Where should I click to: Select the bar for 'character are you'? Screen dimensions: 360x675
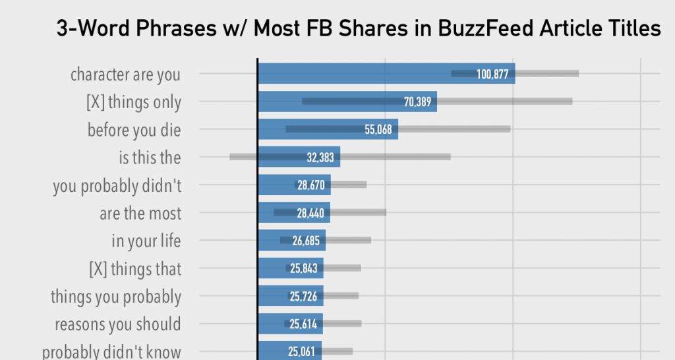pos(356,74)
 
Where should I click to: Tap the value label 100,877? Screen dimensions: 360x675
pos(492,75)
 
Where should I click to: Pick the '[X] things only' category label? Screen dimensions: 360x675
pos(134,102)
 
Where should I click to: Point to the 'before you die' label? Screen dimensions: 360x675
pos(134,130)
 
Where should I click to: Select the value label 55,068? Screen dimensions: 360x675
pos(378,129)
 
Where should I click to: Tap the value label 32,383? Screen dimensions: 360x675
pos(321,158)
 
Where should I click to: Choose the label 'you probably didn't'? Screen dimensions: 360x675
pos(117,186)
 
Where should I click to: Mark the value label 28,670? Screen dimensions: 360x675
pos(311,185)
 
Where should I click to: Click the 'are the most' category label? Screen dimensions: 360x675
pos(140,214)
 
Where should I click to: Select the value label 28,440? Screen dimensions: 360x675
pos(310,213)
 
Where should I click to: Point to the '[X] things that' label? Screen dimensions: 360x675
pos(135,269)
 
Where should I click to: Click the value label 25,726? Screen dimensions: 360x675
pos(303,297)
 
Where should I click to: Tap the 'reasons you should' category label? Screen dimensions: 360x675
pos(118,324)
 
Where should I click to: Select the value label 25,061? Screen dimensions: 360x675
pos(302,351)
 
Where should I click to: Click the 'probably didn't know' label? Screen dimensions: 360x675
pos(112,351)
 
